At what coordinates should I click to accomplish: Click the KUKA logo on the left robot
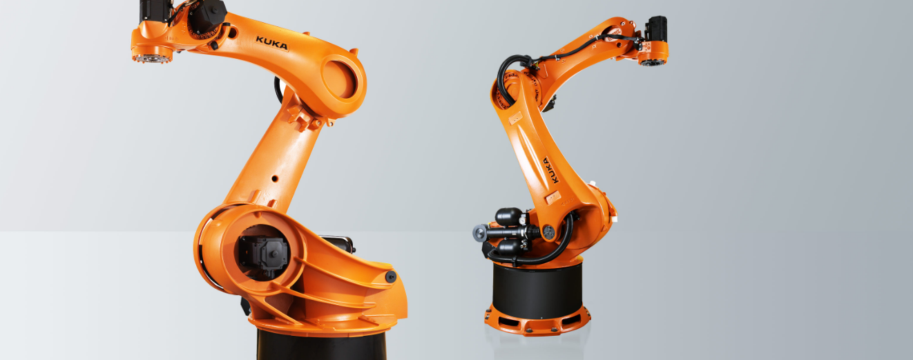(x=272, y=44)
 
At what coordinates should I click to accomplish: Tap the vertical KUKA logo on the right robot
(x=550, y=171)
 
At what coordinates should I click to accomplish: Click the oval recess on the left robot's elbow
(x=339, y=79)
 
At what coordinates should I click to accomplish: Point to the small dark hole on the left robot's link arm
(x=275, y=178)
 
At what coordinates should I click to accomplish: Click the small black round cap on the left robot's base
(x=390, y=277)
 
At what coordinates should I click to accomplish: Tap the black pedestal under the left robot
(x=322, y=345)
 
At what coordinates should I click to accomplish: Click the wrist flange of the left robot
(x=152, y=57)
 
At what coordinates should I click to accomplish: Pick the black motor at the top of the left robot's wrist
(x=153, y=11)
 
